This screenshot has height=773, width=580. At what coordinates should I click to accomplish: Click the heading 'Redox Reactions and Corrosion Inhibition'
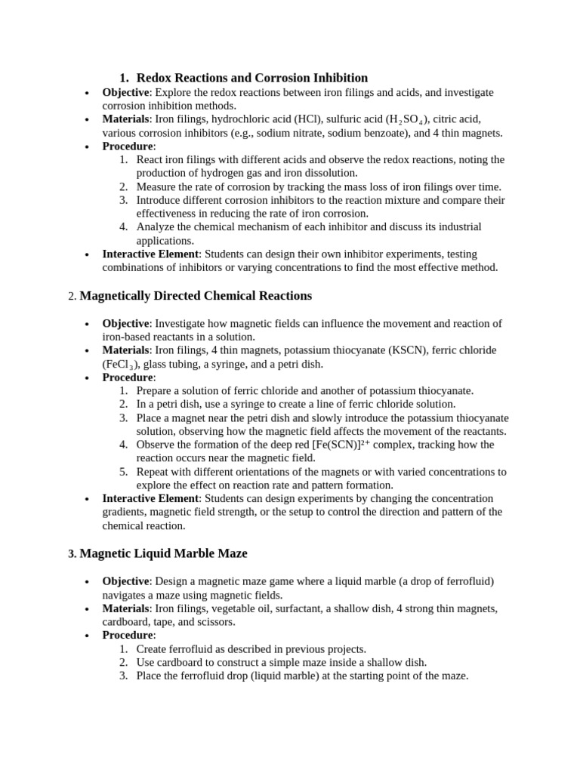[x=251, y=78]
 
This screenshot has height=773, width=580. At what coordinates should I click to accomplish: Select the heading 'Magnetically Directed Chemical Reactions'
[x=196, y=296]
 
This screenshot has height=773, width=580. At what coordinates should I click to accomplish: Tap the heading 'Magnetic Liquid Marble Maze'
[x=163, y=554]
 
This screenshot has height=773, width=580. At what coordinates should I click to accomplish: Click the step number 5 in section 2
[x=124, y=472]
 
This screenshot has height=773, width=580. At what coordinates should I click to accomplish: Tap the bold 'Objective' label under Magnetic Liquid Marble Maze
[x=125, y=581]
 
